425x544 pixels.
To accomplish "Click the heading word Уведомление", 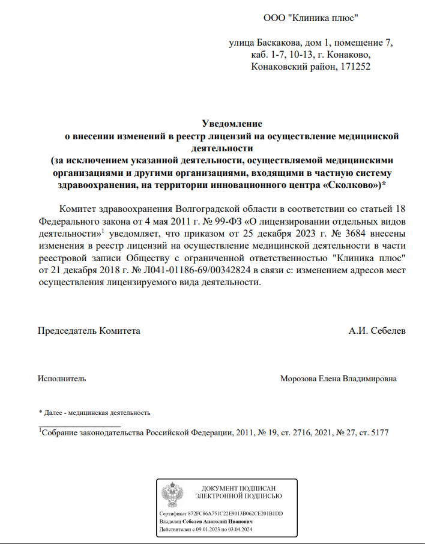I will (232, 124).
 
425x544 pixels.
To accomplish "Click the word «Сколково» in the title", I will (351, 186).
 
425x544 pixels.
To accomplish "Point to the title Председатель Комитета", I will (89, 331).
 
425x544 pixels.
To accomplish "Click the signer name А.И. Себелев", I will (377, 331).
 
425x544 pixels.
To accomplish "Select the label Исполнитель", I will (61, 379).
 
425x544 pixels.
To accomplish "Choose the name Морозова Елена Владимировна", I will (338, 379).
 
